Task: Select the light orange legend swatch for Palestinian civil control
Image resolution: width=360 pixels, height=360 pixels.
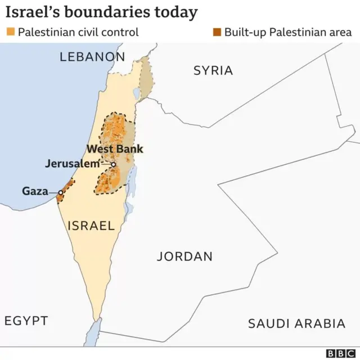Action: point(10,32)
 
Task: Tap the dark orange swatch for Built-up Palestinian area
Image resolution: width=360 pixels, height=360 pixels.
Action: point(217,32)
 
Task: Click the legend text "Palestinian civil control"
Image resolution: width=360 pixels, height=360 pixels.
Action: point(78,32)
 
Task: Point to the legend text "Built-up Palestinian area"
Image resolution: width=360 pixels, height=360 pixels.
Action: point(287,32)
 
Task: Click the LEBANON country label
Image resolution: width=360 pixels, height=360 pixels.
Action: point(92,56)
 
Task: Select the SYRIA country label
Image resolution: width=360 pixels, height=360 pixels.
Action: point(213,70)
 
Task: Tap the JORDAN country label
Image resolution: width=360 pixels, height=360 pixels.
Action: point(184,256)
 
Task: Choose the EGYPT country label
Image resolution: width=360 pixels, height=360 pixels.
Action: point(26,321)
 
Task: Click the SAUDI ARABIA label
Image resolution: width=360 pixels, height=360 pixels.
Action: point(296,323)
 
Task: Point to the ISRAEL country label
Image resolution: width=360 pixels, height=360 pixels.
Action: point(91,226)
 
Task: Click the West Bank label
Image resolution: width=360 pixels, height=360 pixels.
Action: point(115,149)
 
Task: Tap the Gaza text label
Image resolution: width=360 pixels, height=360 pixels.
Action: point(35,191)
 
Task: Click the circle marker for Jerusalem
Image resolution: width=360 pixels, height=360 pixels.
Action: point(113,164)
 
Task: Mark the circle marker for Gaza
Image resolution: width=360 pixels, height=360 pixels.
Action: point(61,192)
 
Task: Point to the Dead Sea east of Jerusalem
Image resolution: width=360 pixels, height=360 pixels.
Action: point(133,180)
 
